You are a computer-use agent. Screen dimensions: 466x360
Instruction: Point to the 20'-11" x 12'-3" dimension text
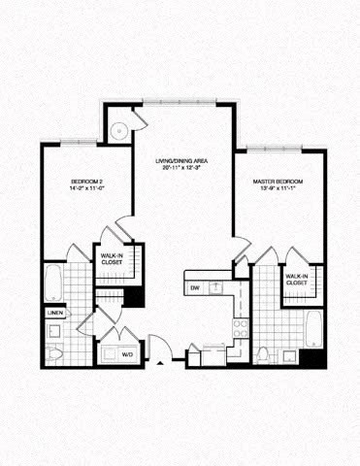(x=183, y=168)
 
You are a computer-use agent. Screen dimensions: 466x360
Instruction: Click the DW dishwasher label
(x=195, y=287)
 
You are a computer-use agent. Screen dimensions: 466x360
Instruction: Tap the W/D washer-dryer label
(x=127, y=354)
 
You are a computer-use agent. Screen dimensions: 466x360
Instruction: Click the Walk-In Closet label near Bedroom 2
(x=113, y=259)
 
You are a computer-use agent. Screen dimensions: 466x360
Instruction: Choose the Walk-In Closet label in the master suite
(x=297, y=281)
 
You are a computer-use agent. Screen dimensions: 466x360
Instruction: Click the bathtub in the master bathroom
(x=313, y=329)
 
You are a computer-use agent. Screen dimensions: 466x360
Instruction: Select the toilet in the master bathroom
(x=263, y=352)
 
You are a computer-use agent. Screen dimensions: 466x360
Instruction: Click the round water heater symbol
(x=119, y=129)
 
